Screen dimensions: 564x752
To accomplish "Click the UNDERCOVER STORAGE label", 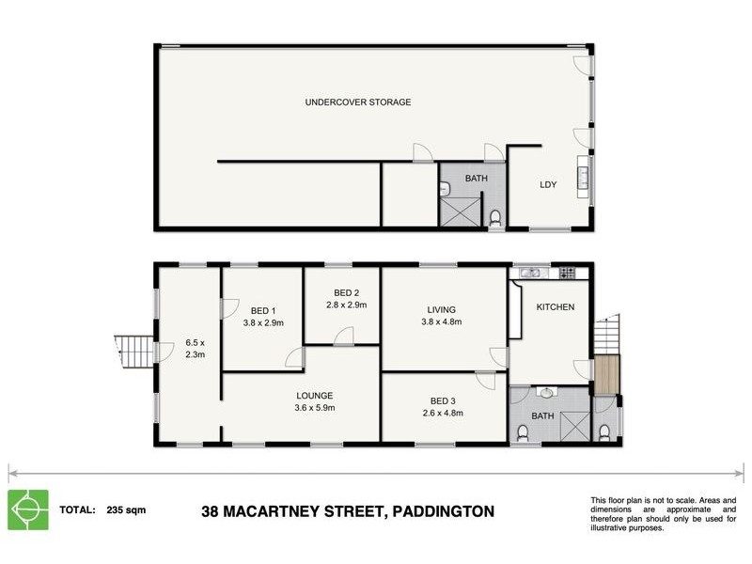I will coord(357,102).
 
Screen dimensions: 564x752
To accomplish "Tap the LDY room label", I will coord(547,184).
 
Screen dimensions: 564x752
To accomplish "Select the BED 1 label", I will coord(263,310).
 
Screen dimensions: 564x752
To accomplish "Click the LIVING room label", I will coord(441,309).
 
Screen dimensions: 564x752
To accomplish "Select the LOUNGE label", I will coord(315,396).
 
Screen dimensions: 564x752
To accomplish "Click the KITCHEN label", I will coord(555,307).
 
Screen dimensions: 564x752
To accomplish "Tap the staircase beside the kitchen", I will coord(608,335).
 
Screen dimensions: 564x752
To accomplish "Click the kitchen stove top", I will coord(567,273).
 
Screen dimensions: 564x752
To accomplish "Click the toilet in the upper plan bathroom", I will coord(495,219).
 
